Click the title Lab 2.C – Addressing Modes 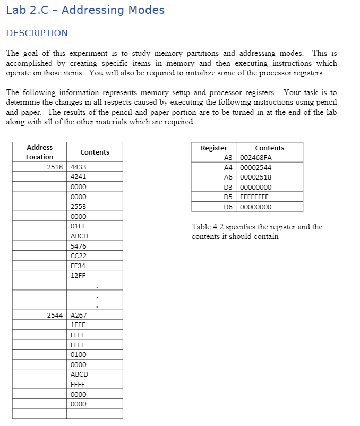pos(85,10)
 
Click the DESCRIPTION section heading pos(37,33)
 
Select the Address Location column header pos(39,152)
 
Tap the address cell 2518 pos(54,167)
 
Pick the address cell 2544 pos(54,315)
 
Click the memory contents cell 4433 pos(79,167)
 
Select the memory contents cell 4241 pos(79,177)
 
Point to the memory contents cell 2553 pos(79,206)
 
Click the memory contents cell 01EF pos(79,226)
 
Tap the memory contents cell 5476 pos(79,246)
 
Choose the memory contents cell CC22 pos(79,255)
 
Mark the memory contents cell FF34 pos(79,266)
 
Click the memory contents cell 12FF pos(79,275)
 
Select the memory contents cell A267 pos(79,315)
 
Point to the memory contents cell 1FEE pos(79,325)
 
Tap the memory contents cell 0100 pos(79,354)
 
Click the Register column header pos(213,148)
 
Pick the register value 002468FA pos(256,158)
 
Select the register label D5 pos(228,197)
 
